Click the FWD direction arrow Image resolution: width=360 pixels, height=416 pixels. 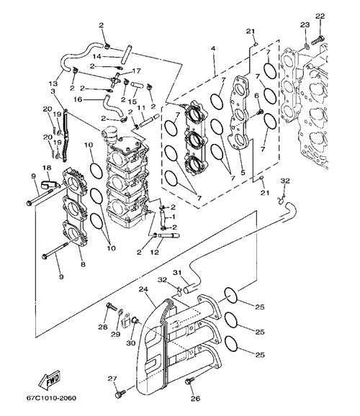coord(50,379)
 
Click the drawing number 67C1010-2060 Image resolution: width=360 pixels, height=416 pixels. coord(51,398)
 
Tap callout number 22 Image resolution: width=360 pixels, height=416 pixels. coord(320,16)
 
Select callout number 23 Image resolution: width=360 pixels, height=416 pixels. coord(305,24)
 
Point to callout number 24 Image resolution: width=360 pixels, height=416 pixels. coord(143,289)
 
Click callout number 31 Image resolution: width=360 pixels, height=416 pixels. coord(177,273)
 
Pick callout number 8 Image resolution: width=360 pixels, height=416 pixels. coord(83,264)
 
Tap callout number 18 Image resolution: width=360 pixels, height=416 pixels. coord(47,168)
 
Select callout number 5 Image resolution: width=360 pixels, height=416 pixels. coord(243,173)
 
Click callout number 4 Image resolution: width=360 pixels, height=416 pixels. coord(213,48)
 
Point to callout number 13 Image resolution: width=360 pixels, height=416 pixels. coord(53,83)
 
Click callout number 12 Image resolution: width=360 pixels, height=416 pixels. coord(155,252)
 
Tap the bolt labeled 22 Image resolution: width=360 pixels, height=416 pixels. coord(318,40)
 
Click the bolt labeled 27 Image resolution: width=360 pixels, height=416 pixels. coord(120,394)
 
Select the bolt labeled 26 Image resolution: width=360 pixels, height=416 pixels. coord(189,380)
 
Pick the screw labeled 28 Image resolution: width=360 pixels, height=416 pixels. coord(111,307)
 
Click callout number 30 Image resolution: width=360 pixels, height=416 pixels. coord(130,343)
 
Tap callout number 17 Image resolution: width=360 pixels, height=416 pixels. coord(136,71)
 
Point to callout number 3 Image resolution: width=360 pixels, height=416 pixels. coord(53,91)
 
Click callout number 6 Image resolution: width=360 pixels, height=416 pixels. coord(256,96)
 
